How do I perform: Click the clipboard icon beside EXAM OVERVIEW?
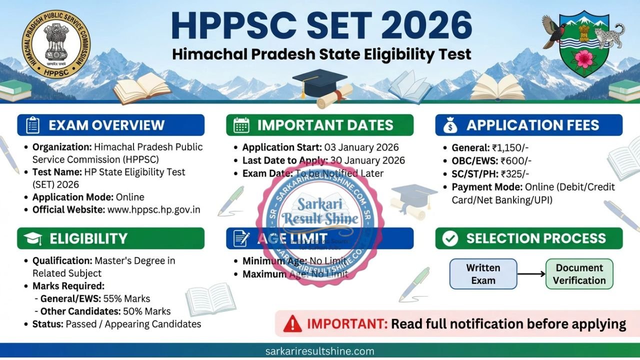[33, 125]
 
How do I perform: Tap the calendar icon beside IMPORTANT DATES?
[241, 125]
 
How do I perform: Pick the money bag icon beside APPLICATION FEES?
[450, 125]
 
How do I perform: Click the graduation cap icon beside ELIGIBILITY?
[33, 238]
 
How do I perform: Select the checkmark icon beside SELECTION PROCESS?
[450, 238]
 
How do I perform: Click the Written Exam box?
[483, 274]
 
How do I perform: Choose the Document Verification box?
[579, 274]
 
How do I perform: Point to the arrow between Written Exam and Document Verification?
[531, 274]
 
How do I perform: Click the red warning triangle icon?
[292, 324]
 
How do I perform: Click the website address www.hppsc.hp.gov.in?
[154, 209]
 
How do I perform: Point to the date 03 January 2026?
[361, 147]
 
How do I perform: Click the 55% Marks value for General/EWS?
[126, 298]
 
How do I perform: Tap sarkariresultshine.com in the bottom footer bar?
[320, 351]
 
